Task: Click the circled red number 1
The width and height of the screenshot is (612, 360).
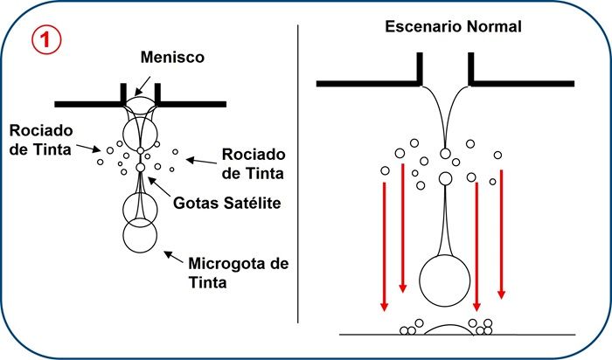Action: pos(46,41)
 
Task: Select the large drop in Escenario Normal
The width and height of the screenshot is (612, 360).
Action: pos(445,280)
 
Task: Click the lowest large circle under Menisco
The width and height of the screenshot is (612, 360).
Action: pos(140,236)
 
